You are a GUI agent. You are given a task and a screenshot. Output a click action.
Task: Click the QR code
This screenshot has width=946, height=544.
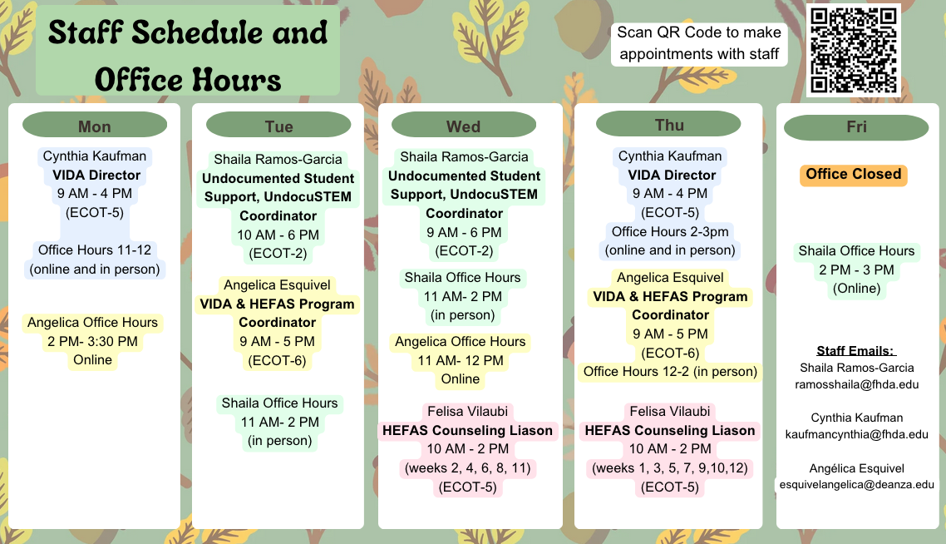point(853,50)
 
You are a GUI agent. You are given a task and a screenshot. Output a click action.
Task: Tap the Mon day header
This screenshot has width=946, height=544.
point(95,126)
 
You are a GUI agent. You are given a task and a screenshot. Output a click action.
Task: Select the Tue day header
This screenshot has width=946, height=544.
point(278,126)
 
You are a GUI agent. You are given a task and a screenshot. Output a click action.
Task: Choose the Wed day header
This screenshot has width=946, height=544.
point(463,126)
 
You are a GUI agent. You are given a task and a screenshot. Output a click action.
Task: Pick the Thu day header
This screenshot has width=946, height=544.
point(668,125)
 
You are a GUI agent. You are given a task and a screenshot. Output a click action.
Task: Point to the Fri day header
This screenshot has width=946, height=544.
point(856,126)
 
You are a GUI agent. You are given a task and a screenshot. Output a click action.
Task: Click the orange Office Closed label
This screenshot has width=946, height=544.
point(853,175)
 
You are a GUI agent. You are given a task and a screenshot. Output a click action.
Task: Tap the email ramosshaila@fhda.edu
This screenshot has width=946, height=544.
point(857,384)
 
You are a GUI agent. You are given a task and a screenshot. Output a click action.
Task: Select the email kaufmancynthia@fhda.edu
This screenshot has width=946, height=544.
point(857,434)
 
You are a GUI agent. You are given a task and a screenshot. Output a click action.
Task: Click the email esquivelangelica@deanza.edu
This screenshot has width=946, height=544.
point(857,484)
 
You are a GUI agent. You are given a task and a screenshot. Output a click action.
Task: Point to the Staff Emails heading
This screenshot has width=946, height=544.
point(856,351)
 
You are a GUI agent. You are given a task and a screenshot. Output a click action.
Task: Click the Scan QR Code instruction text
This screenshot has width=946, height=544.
point(699,43)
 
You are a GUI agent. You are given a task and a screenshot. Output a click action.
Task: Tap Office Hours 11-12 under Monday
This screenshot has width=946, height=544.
point(95,250)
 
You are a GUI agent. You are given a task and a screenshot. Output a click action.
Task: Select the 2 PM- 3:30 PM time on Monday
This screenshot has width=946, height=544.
point(92,341)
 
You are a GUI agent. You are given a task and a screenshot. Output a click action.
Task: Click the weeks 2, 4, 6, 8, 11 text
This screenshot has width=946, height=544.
point(467,468)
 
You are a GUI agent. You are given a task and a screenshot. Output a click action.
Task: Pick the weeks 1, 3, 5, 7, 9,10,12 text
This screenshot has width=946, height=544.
point(670,468)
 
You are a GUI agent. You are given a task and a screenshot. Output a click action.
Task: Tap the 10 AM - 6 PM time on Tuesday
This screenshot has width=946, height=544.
point(278,235)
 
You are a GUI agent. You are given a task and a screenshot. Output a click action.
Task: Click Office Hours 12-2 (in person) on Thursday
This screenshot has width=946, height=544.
point(670,371)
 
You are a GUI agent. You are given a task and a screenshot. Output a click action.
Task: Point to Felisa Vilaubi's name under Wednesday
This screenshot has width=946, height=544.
point(467,411)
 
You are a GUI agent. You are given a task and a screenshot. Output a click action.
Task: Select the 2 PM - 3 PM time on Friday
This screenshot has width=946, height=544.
point(856,270)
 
